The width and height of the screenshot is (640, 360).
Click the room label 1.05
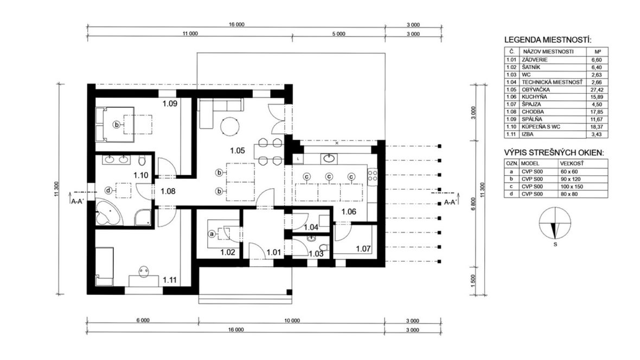point(237,151)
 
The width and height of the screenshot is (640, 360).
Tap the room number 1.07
point(363,248)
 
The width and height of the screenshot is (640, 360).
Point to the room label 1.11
point(169,280)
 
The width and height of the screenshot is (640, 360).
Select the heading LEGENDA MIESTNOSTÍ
point(548,40)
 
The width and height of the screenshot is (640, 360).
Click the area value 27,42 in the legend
point(596,90)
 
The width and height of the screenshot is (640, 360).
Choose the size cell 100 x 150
point(572,187)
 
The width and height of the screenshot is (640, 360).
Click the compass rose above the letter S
point(555,223)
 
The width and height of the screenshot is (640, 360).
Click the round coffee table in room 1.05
point(230,126)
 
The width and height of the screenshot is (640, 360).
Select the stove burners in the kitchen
point(372,176)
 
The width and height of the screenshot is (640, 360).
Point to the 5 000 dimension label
point(338,34)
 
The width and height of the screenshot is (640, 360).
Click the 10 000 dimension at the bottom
point(292,321)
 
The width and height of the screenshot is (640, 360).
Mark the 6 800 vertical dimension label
point(473,204)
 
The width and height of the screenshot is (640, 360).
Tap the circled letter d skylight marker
point(108,190)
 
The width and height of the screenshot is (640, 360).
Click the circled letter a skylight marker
point(212,234)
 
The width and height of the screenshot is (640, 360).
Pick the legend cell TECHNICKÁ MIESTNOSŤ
point(552,82)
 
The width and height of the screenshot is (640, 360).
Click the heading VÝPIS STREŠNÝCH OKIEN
point(554,153)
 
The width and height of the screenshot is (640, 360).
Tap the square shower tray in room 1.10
point(143,217)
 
